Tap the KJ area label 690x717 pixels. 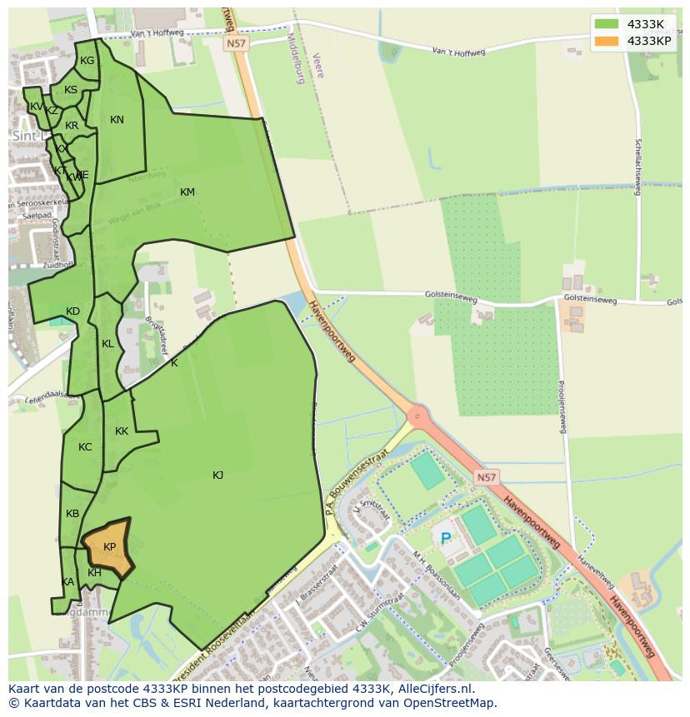tap(217, 476)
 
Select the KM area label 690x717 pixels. tap(187, 192)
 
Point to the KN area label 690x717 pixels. tap(117, 120)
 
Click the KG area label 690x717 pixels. tap(87, 61)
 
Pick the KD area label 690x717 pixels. tap(72, 311)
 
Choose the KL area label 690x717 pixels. tap(107, 344)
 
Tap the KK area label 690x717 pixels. tap(122, 431)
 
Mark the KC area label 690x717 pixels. tap(85, 447)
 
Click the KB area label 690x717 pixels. tap(72, 514)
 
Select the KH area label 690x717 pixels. tap(94, 573)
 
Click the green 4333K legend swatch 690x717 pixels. tap(607, 24)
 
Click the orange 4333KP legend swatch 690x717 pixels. tap(607, 41)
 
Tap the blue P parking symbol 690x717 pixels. tap(446, 539)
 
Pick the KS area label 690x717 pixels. tap(71, 90)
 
